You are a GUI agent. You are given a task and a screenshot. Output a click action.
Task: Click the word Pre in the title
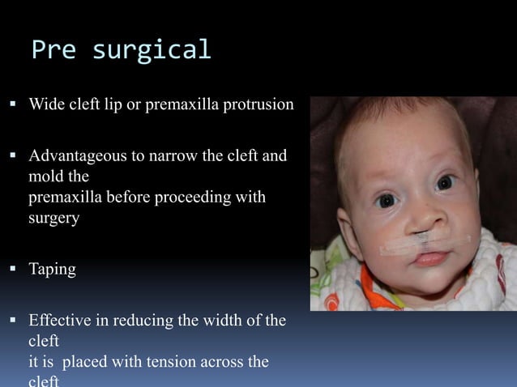coord(54,50)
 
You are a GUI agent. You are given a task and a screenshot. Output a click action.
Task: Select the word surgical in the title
coord(152,50)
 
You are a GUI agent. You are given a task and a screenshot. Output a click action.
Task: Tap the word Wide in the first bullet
coord(46,105)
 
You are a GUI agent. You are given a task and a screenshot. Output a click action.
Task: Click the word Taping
coord(52,270)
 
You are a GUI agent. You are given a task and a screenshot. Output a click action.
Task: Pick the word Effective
coord(59,321)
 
